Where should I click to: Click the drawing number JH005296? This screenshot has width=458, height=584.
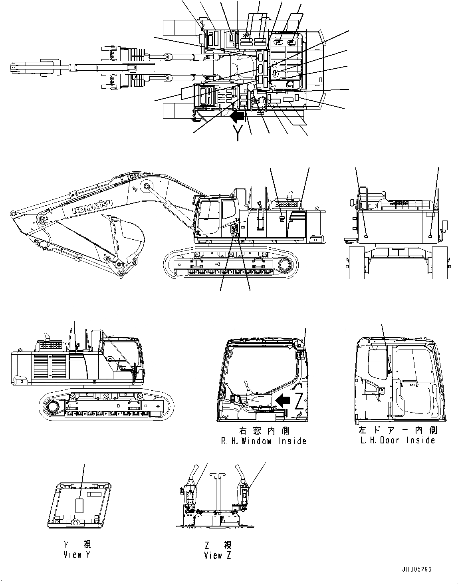click(x=416, y=569)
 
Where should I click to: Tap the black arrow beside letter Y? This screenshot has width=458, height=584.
click(x=236, y=116)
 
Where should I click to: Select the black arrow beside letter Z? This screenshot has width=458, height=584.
click(x=283, y=400)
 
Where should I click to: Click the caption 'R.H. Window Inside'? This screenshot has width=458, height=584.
click(x=264, y=441)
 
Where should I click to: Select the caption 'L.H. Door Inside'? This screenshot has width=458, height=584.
click(x=397, y=440)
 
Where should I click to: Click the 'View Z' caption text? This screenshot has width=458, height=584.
click(x=217, y=555)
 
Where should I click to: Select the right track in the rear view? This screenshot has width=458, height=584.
click(x=440, y=262)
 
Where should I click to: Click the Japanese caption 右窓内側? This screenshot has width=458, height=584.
click(x=264, y=431)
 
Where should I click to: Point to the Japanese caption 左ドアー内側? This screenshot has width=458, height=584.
click(x=397, y=430)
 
